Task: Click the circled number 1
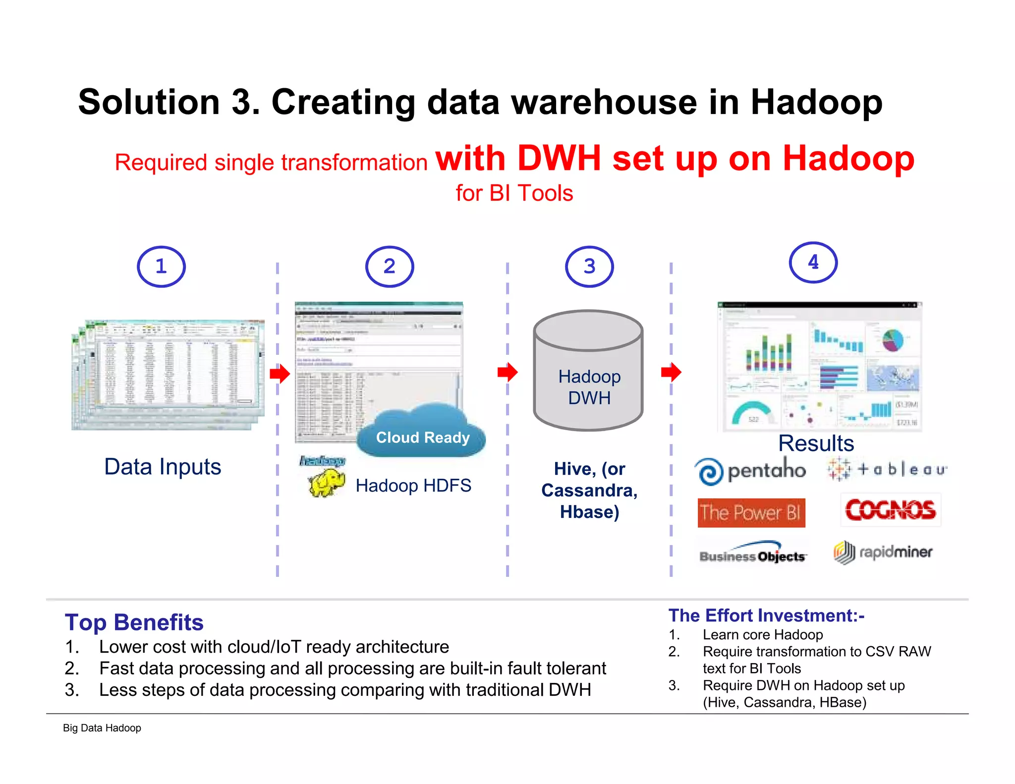pos(161,267)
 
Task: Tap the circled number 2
pos(390,267)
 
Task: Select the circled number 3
pos(589,267)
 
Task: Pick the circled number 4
pos(813,262)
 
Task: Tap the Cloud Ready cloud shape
pos(421,431)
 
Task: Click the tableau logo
pos(887,469)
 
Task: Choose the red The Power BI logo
pos(751,512)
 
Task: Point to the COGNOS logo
pos(890,510)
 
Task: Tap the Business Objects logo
pos(752,554)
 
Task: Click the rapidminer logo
pos(883,552)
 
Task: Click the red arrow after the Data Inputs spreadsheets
pos(280,374)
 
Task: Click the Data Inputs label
pos(163,467)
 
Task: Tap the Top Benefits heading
pos(134,622)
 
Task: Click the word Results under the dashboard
pos(816,443)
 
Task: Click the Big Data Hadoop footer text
pos(102,728)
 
